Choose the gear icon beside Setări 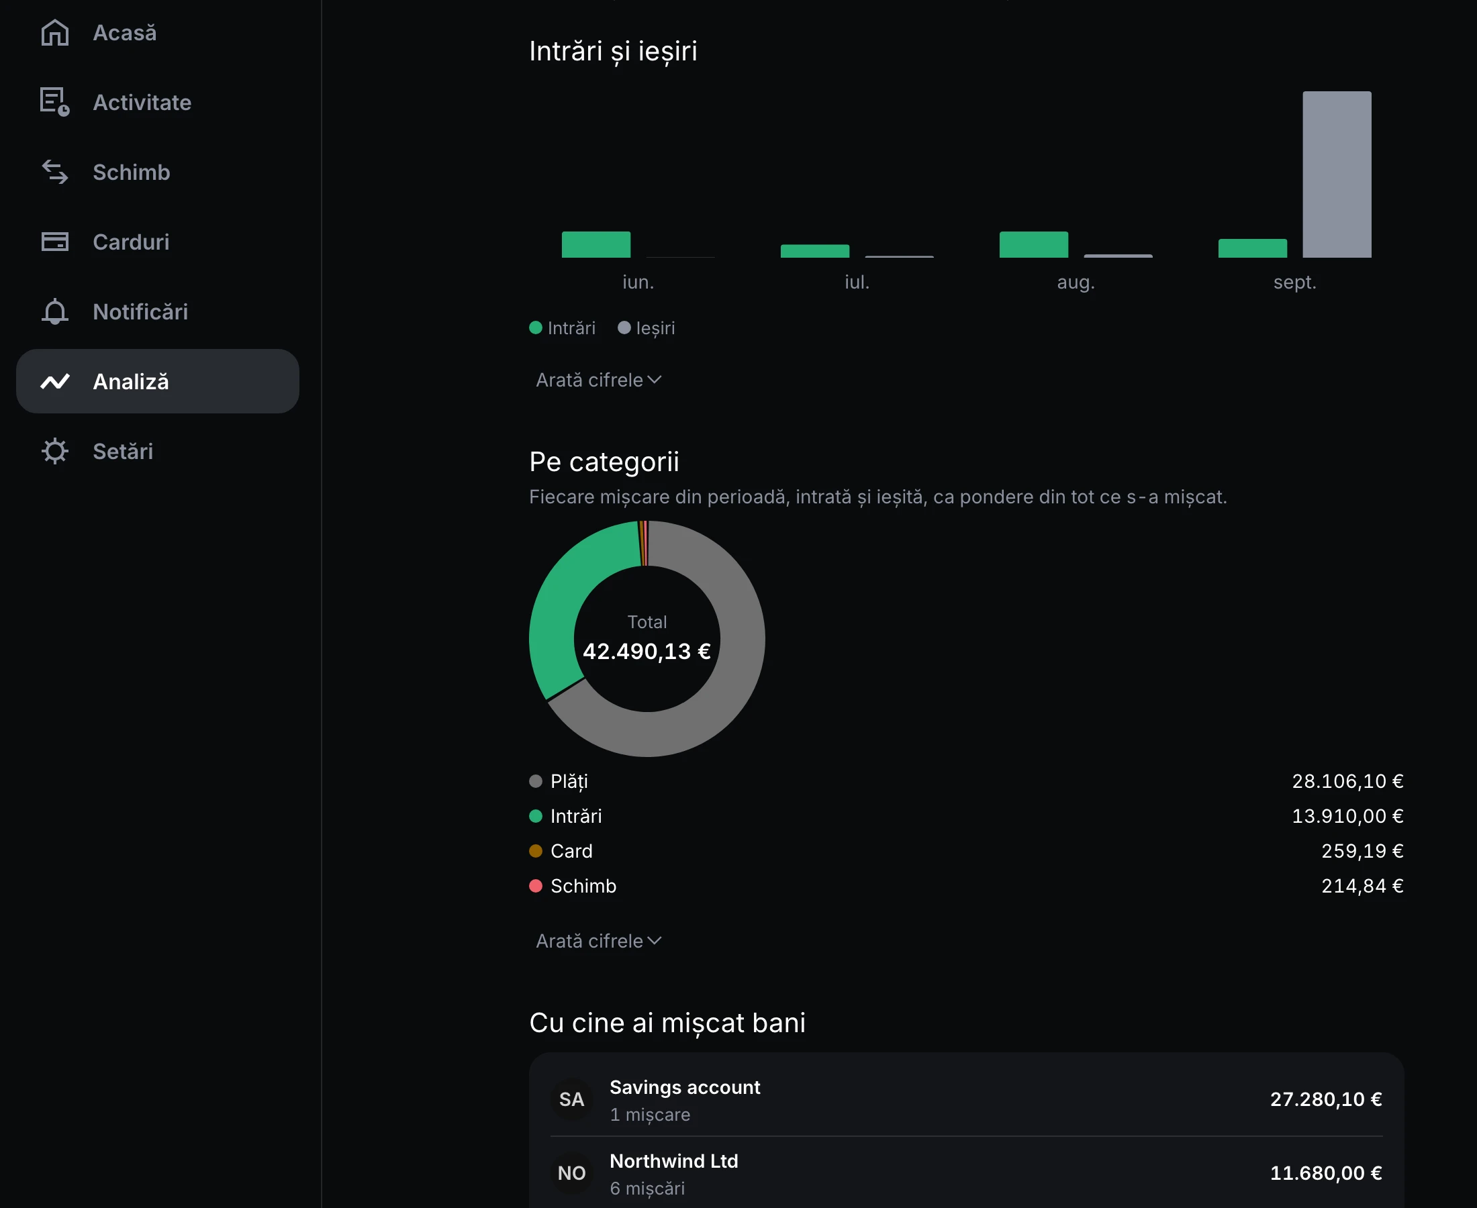click(55, 451)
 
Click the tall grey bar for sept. click(1337, 174)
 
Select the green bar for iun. click(595, 244)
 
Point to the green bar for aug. click(1034, 244)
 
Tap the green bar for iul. click(815, 251)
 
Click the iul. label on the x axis click(857, 282)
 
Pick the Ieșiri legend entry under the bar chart click(646, 328)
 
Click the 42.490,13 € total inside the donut click(647, 652)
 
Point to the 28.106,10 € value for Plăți click(1347, 781)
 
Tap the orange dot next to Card click(535, 851)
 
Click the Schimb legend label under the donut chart click(583, 886)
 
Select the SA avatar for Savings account click(571, 1099)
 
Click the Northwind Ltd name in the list click(674, 1160)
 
